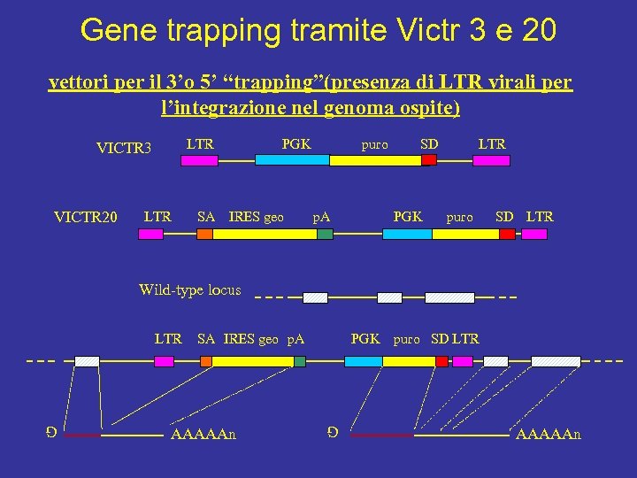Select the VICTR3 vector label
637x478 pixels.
[124, 147]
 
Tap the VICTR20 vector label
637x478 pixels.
[85, 216]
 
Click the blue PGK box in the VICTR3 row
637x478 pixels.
[292, 160]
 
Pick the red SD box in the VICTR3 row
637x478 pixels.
[429, 160]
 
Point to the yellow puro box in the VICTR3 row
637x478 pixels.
[375, 160]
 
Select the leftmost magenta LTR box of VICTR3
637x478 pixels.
[199, 160]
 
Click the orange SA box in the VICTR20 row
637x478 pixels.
[204, 234]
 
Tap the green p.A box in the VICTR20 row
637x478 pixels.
[325, 234]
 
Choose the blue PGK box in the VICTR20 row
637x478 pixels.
[407, 234]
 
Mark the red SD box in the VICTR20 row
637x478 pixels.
[507, 234]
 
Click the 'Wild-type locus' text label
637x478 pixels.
[189, 289]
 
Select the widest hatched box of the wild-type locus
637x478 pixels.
[449, 297]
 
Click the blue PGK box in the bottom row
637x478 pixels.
[363, 361]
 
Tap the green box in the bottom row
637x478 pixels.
[300, 361]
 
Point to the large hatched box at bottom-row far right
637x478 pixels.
[555, 361]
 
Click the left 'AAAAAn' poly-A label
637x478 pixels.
[203, 435]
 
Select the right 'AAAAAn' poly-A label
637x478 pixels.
[548, 435]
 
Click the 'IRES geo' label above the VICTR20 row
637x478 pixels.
[256, 217]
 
